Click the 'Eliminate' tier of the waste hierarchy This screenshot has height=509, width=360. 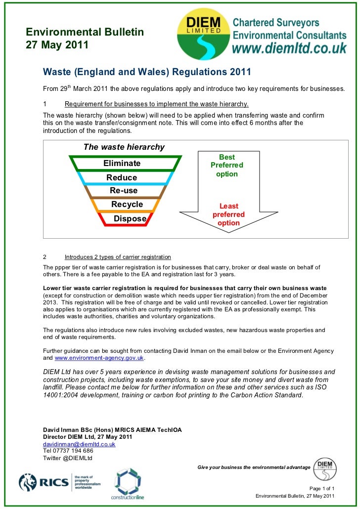pos(122,164)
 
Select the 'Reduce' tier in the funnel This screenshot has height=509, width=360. pos(122,177)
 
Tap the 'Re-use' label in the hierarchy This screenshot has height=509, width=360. pos(124,191)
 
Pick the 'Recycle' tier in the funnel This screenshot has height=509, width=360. pos(127,205)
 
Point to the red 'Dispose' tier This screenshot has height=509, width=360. pos(130,219)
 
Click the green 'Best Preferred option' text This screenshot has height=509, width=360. pos(226,166)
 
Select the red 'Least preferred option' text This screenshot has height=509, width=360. pos(228,214)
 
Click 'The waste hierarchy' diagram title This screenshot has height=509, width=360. pos(124,147)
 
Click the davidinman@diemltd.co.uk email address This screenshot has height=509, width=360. pos(79,444)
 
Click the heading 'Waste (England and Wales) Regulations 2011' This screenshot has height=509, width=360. pos(147,72)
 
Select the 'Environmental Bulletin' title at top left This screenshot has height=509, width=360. pos(85,33)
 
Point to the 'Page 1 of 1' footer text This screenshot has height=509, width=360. pos(321,487)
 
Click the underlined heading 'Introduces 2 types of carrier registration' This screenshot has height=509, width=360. pos(118,257)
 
